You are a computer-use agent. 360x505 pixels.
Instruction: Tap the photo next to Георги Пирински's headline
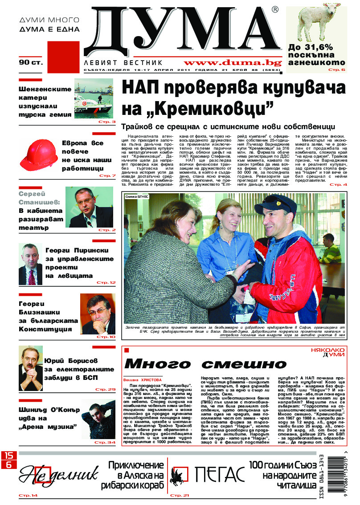click(30, 264)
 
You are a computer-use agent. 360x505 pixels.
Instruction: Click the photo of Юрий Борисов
click(31, 367)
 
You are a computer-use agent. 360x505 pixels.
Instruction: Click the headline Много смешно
click(205, 363)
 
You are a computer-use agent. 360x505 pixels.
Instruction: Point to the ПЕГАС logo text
click(220, 474)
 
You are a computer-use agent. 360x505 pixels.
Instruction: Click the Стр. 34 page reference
click(106, 442)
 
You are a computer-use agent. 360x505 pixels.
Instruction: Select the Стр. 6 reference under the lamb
click(337, 69)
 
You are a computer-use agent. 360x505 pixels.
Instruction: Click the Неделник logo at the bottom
click(58, 476)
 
